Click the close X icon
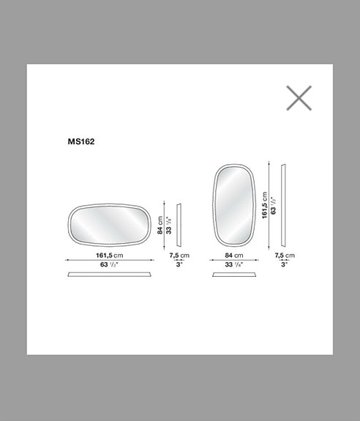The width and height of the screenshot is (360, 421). pos(299,98)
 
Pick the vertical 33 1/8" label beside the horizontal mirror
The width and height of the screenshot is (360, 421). pos(168,222)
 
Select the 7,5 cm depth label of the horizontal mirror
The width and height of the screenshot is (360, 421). pos(179,255)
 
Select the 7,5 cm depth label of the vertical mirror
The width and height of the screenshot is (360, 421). pos(285,255)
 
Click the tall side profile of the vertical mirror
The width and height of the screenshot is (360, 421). pos(284,206)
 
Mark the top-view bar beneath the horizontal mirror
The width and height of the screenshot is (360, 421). pos(112,275)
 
